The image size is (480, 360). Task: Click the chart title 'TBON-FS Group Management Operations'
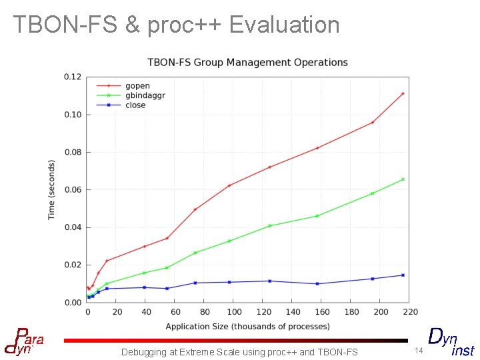point(247,63)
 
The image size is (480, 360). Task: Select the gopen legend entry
point(137,86)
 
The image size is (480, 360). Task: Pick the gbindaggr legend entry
point(145,95)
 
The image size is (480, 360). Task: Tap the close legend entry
point(135,105)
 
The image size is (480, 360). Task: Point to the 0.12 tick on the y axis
point(72,77)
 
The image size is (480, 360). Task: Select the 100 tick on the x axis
point(234,311)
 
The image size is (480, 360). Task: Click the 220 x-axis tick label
point(410,311)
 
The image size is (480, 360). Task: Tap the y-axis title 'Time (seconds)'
point(52,190)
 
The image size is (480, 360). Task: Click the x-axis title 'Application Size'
point(247,326)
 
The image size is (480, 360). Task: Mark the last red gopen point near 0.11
point(403,93)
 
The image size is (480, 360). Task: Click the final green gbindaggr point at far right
point(403,179)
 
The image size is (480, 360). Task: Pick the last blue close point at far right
point(403,275)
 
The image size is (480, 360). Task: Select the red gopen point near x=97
point(229,185)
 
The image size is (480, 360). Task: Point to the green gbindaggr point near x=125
point(270,226)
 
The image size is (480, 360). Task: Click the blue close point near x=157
point(317,284)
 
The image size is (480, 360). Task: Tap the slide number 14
point(419,351)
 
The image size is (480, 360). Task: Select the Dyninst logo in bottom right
point(451,342)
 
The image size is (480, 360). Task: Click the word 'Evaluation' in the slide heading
point(285,25)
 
